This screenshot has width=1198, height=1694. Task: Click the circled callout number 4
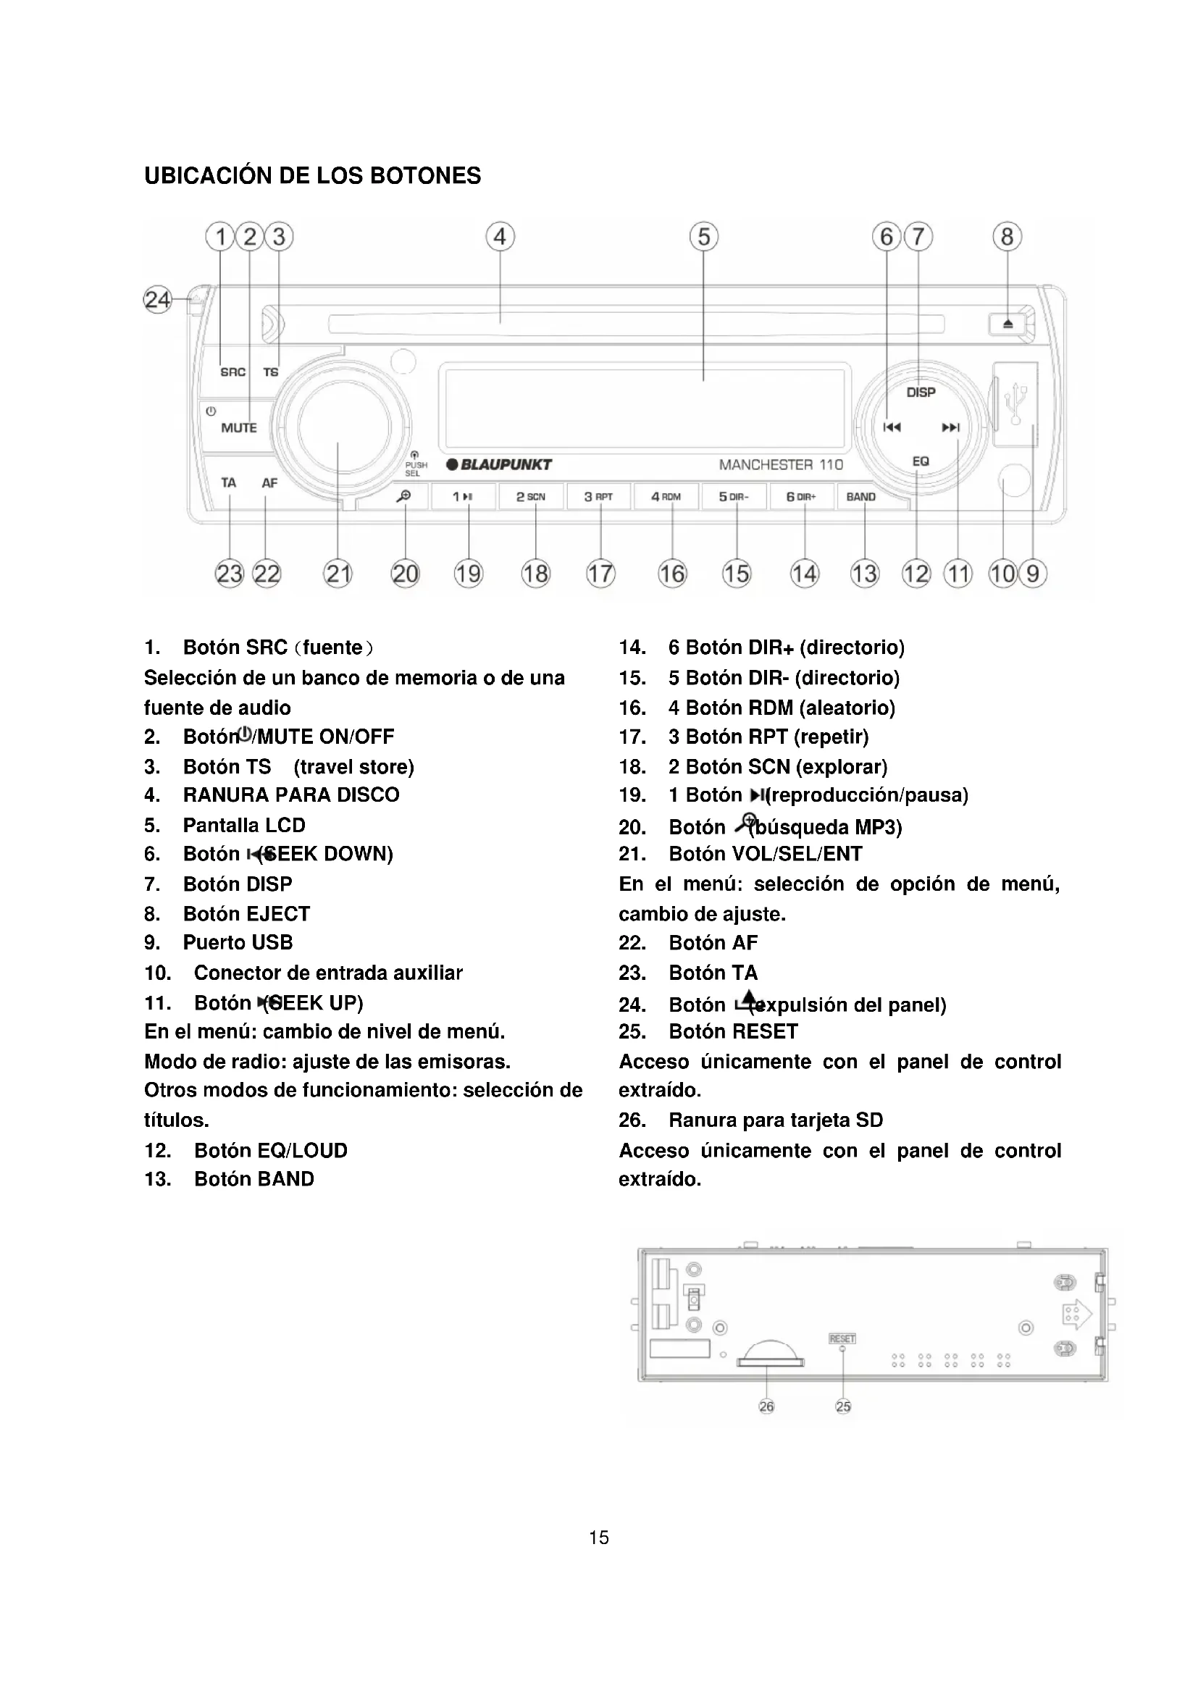coord(500,237)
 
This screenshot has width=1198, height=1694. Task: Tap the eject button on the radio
coord(1008,324)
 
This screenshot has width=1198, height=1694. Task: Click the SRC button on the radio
coord(233,372)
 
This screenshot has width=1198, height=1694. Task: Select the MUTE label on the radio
coord(239,428)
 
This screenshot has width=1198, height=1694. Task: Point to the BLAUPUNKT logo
coord(500,465)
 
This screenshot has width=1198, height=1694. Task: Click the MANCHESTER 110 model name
coord(781,465)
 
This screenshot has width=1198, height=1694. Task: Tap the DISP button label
coord(921,393)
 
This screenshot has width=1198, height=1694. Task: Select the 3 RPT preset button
coord(598,497)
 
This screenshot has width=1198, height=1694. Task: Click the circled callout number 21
coord(338,574)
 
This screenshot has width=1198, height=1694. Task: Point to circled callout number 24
coord(157,300)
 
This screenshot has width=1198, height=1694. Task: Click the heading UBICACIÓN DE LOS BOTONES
coord(312,175)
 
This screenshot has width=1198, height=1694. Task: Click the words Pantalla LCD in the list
coord(244,825)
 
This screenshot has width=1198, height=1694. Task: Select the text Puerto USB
coord(238,943)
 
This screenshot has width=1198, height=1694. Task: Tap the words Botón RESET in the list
coord(733,1031)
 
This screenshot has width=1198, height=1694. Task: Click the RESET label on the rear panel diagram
coord(842,1338)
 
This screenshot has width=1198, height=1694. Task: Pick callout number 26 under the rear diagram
coord(766,1406)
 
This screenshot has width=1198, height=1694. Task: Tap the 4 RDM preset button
coord(666,497)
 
